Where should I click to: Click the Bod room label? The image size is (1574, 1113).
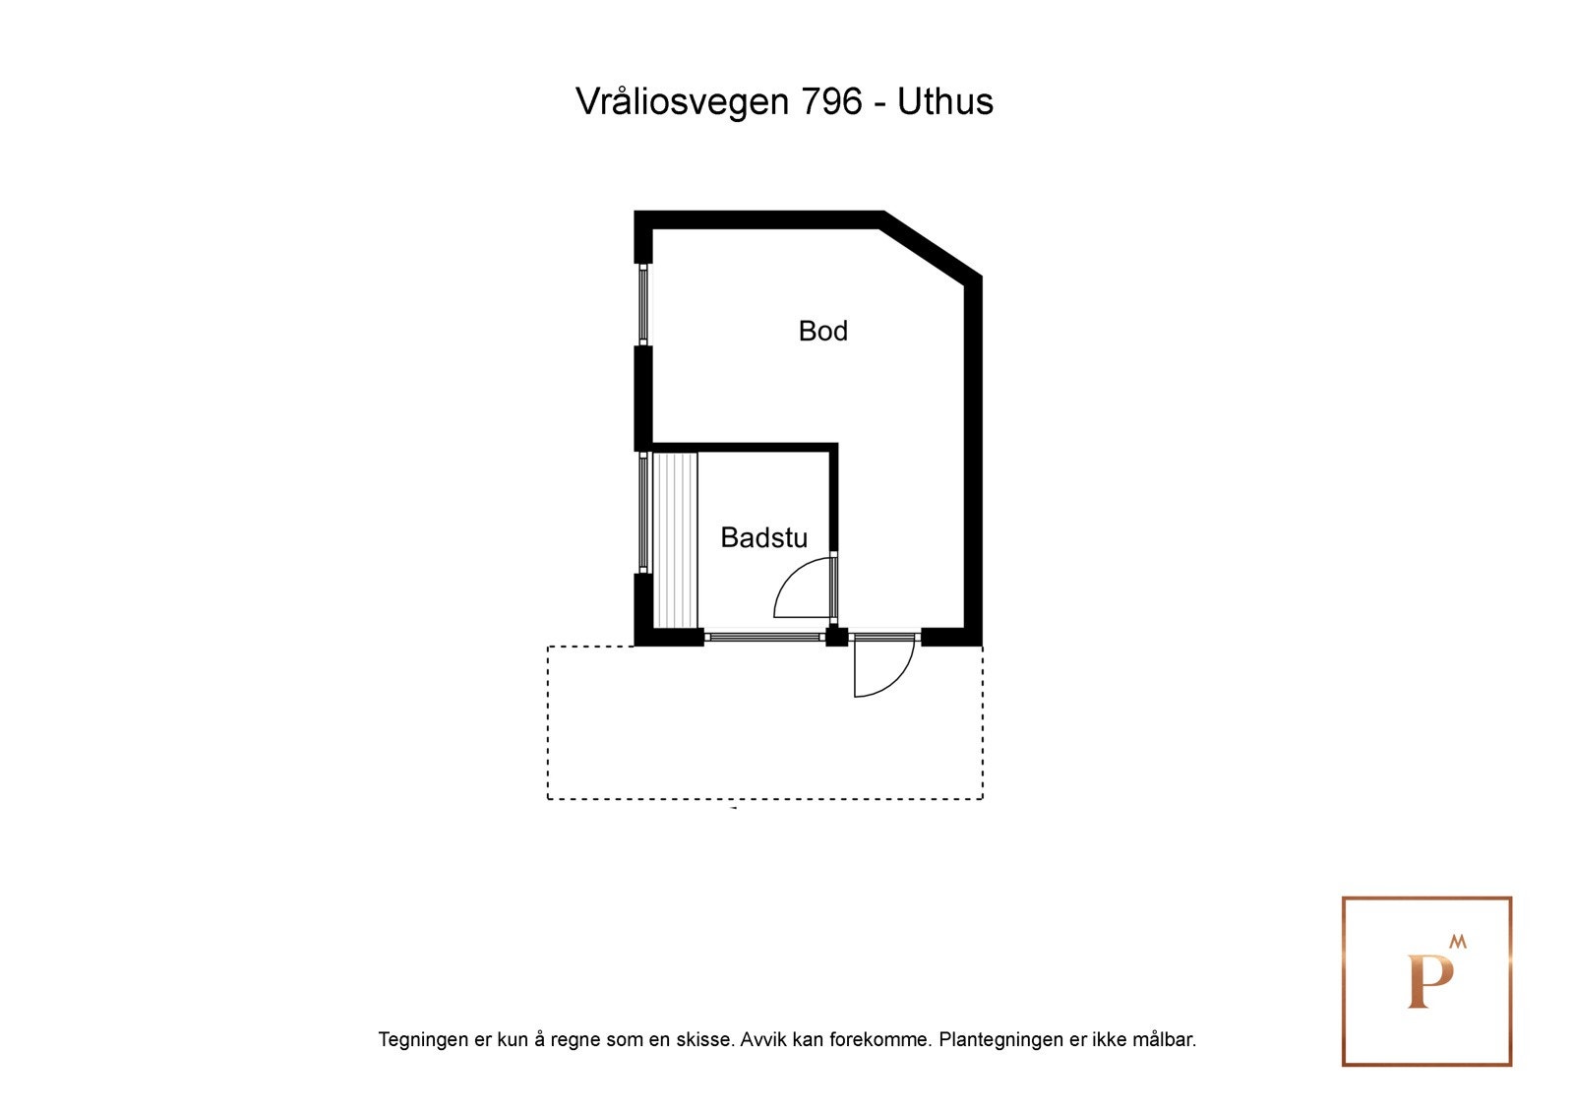(822, 331)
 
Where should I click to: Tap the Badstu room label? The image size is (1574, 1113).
(763, 537)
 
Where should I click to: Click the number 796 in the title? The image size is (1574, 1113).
(832, 101)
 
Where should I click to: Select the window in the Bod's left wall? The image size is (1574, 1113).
(642, 303)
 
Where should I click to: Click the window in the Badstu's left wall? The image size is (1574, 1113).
(642, 512)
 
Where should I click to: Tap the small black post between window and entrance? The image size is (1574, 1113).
(836, 636)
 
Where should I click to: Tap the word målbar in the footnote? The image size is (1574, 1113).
(1164, 1039)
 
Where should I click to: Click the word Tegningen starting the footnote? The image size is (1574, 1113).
(422, 1039)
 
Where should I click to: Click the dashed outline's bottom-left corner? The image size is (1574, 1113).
(548, 798)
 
